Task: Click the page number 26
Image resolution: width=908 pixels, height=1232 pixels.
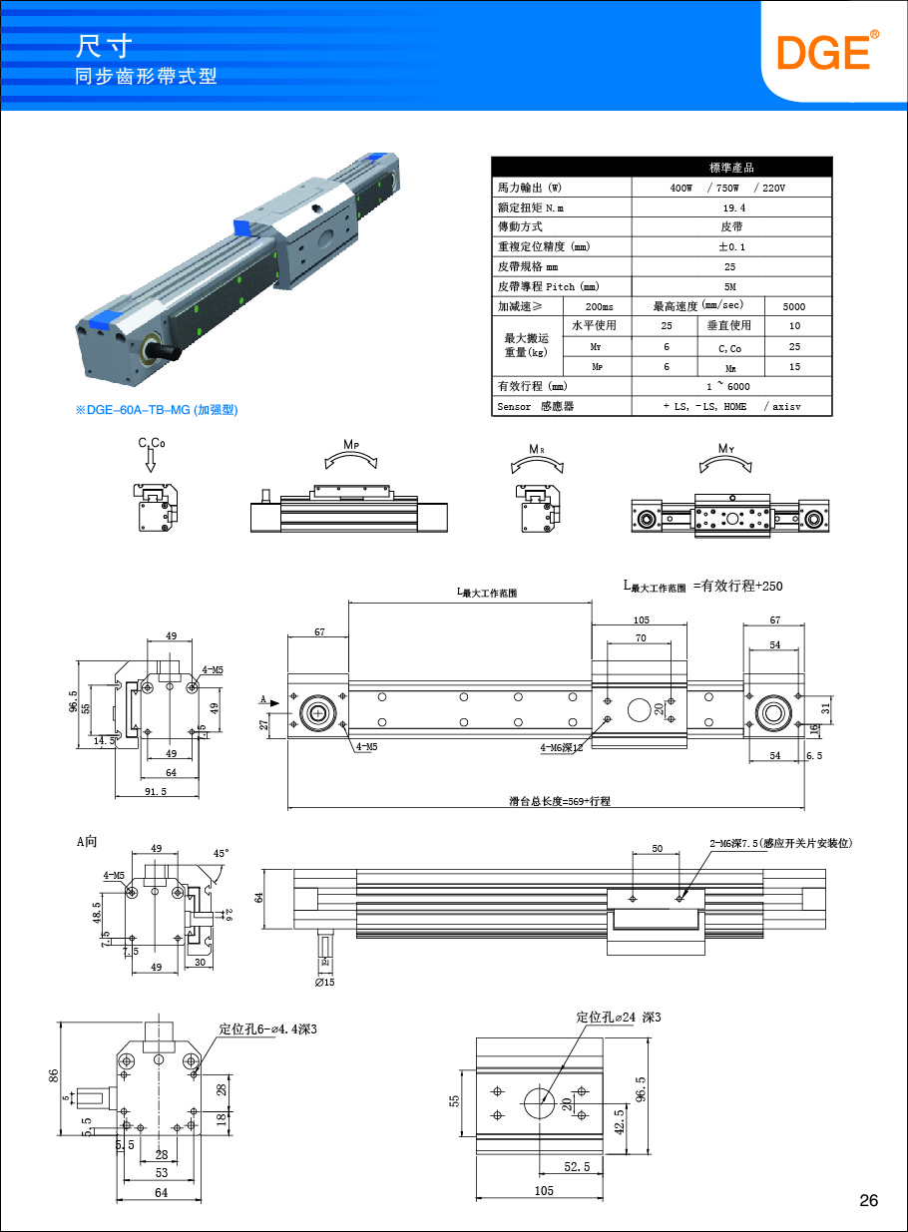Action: tap(869, 1200)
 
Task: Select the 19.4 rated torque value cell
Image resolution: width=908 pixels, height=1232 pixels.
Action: tap(733, 207)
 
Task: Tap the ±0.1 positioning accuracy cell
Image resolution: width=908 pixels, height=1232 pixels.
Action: tap(733, 246)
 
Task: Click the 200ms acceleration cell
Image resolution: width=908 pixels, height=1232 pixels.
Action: tap(599, 306)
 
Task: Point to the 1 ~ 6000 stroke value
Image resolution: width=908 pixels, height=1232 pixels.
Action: tap(733, 386)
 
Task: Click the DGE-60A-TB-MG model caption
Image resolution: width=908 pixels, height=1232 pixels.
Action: tap(158, 410)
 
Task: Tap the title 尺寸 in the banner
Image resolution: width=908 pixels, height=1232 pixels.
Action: tap(103, 46)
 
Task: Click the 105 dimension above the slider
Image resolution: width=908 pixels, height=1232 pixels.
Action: tap(641, 620)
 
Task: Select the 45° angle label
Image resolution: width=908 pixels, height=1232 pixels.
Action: tap(221, 854)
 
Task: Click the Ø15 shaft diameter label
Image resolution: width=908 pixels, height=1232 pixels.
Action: tap(324, 983)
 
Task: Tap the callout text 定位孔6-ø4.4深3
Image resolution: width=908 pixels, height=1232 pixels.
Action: tap(268, 1028)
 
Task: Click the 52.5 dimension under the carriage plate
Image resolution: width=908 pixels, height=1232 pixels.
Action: tap(577, 1165)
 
